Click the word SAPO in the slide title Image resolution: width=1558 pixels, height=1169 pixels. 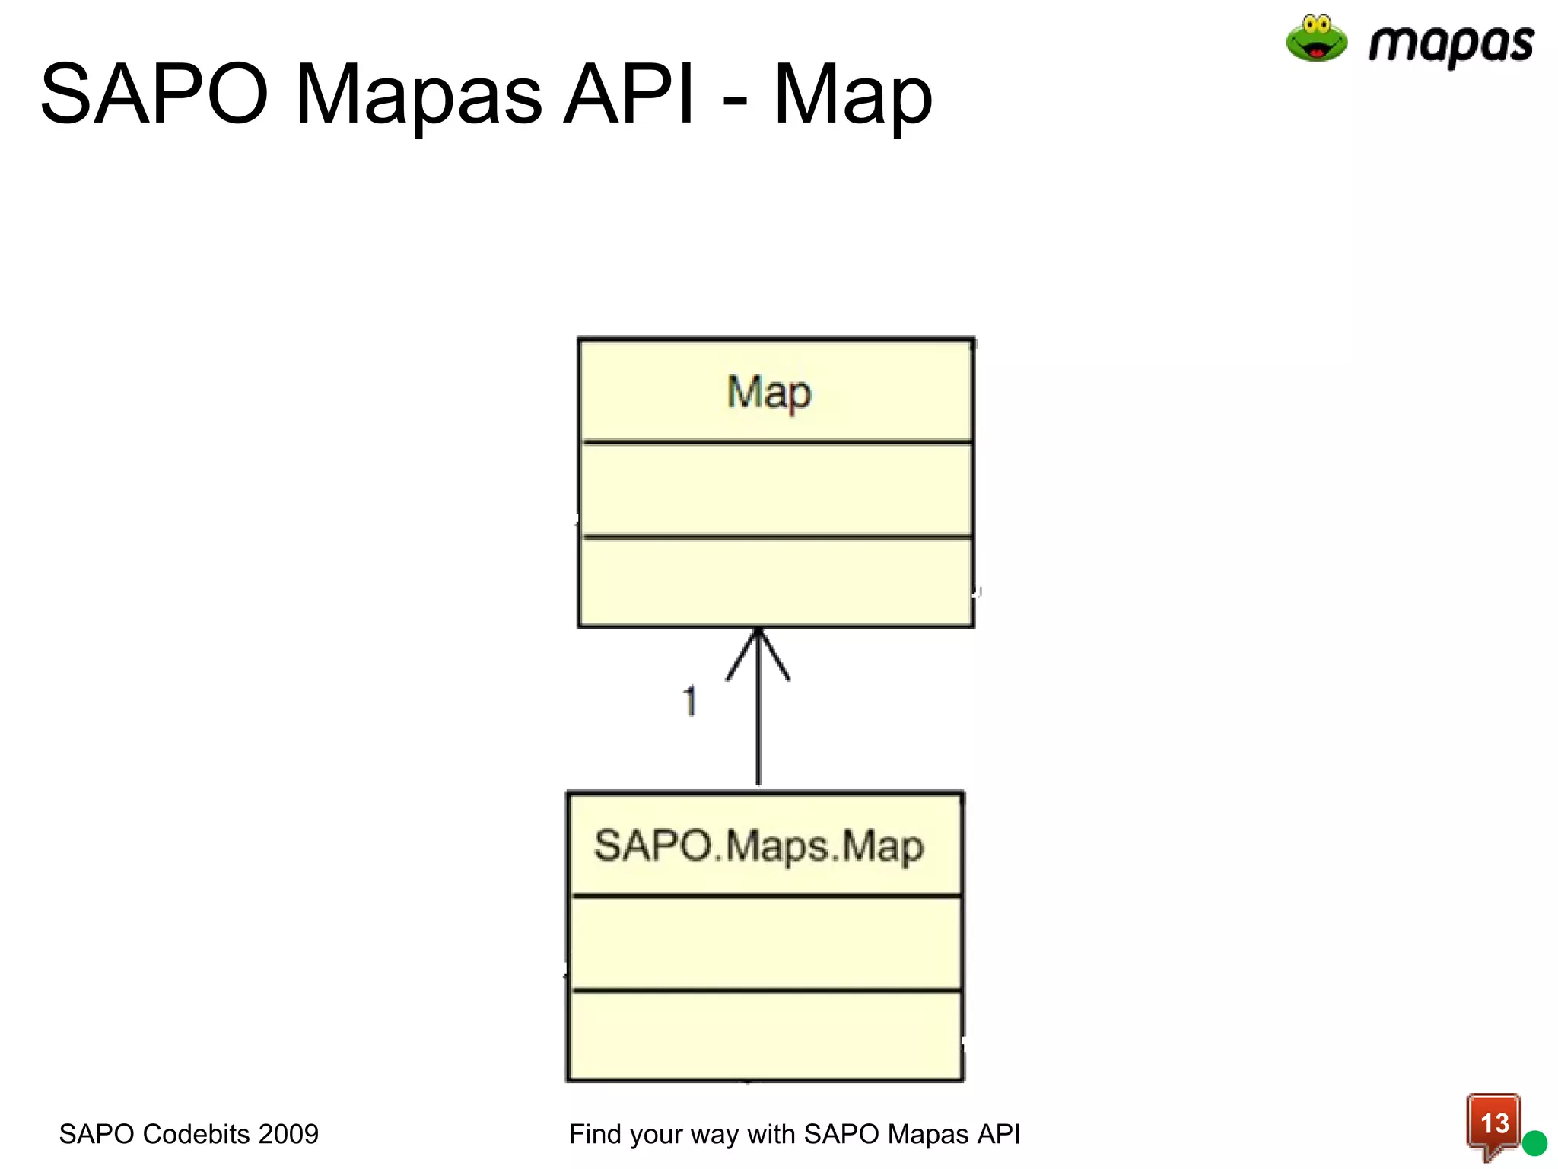point(154,94)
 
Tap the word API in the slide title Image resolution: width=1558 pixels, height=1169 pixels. point(628,94)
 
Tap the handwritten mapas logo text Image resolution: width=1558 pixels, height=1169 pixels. point(1450,44)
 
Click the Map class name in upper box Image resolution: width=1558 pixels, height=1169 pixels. point(769,393)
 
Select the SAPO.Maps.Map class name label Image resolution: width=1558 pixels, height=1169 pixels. point(758,846)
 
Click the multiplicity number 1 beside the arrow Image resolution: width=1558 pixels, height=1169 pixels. point(689,701)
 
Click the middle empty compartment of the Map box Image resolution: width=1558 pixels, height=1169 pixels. point(776,489)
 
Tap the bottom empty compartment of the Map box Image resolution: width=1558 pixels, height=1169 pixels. point(776,582)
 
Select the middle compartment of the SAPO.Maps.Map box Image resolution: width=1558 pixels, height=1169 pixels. point(765,944)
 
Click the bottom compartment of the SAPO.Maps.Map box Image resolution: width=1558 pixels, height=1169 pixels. point(765,1035)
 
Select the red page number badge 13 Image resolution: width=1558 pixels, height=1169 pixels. point(1493,1123)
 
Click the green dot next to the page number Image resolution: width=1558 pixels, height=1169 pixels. point(1534,1142)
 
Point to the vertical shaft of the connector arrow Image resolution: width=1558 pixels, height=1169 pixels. point(758,731)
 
